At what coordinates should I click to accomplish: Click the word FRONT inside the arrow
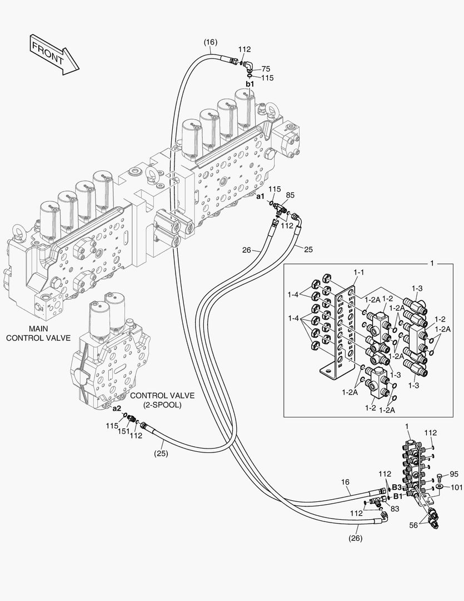pyautogui.click(x=48, y=53)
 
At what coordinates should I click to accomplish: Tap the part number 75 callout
pyautogui.click(x=266, y=69)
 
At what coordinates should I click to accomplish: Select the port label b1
pyautogui.click(x=250, y=84)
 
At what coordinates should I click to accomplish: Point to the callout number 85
pyautogui.click(x=290, y=195)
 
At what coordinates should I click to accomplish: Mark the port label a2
pyautogui.click(x=117, y=408)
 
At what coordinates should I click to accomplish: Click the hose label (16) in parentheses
pyautogui.click(x=210, y=42)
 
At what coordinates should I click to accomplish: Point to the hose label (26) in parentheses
pyautogui.click(x=356, y=538)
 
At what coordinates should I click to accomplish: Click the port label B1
pyautogui.click(x=398, y=495)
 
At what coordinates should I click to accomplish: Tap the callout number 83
pyautogui.click(x=395, y=508)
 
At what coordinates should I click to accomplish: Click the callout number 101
pyautogui.click(x=455, y=487)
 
